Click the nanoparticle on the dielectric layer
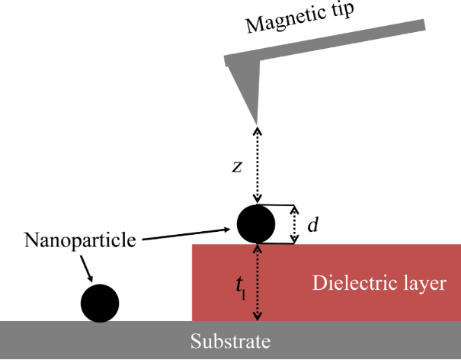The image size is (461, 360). [256, 224]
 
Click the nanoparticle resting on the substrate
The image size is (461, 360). [100, 303]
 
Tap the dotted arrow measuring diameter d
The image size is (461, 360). [296, 225]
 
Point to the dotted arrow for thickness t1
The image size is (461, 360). [258, 282]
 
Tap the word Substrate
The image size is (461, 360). [230, 341]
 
